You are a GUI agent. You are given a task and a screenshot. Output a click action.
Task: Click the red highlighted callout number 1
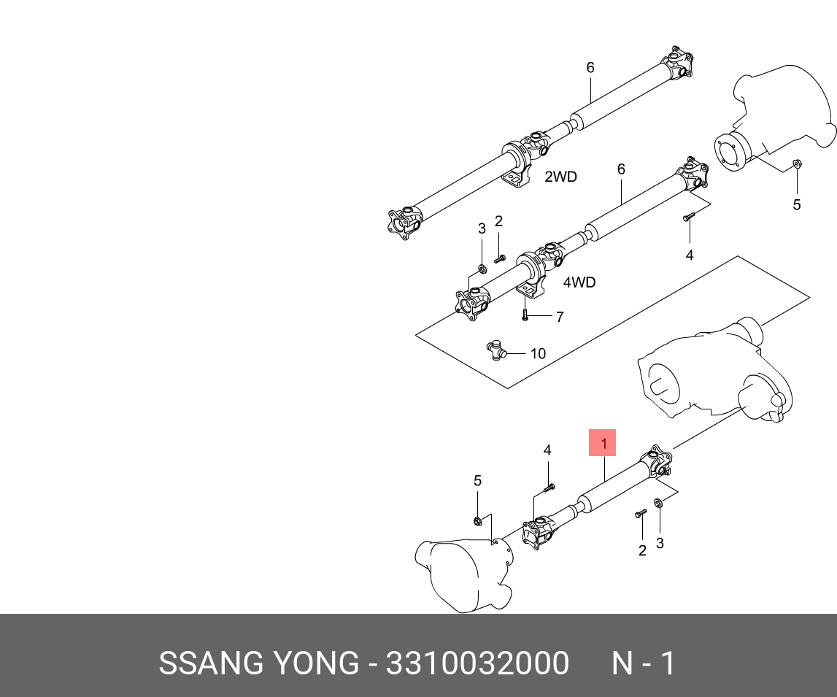click(603, 443)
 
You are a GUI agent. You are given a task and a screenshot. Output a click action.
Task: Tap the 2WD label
click(560, 177)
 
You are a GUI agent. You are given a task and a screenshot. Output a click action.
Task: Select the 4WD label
click(579, 282)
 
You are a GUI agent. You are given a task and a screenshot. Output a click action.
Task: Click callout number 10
click(537, 354)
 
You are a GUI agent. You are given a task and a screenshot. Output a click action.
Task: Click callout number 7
click(560, 317)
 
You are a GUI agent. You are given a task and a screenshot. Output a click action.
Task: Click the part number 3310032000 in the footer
click(477, 664)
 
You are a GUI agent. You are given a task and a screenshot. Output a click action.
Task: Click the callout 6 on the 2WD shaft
click(590, 68)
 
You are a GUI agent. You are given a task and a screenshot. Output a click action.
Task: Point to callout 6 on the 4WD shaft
click(621, 169)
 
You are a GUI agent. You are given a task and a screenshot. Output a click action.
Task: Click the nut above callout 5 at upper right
click(797, 163)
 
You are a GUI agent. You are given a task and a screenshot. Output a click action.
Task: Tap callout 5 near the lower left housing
click(477, 480)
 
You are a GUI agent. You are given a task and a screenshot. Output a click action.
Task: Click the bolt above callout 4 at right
click(690, 217)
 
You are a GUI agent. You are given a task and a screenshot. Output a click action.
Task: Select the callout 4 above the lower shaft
click(547, 450)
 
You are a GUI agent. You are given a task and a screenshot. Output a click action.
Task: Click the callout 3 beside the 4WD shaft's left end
click(482, 228)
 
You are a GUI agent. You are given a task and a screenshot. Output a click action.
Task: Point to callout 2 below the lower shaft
click(642, 551)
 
